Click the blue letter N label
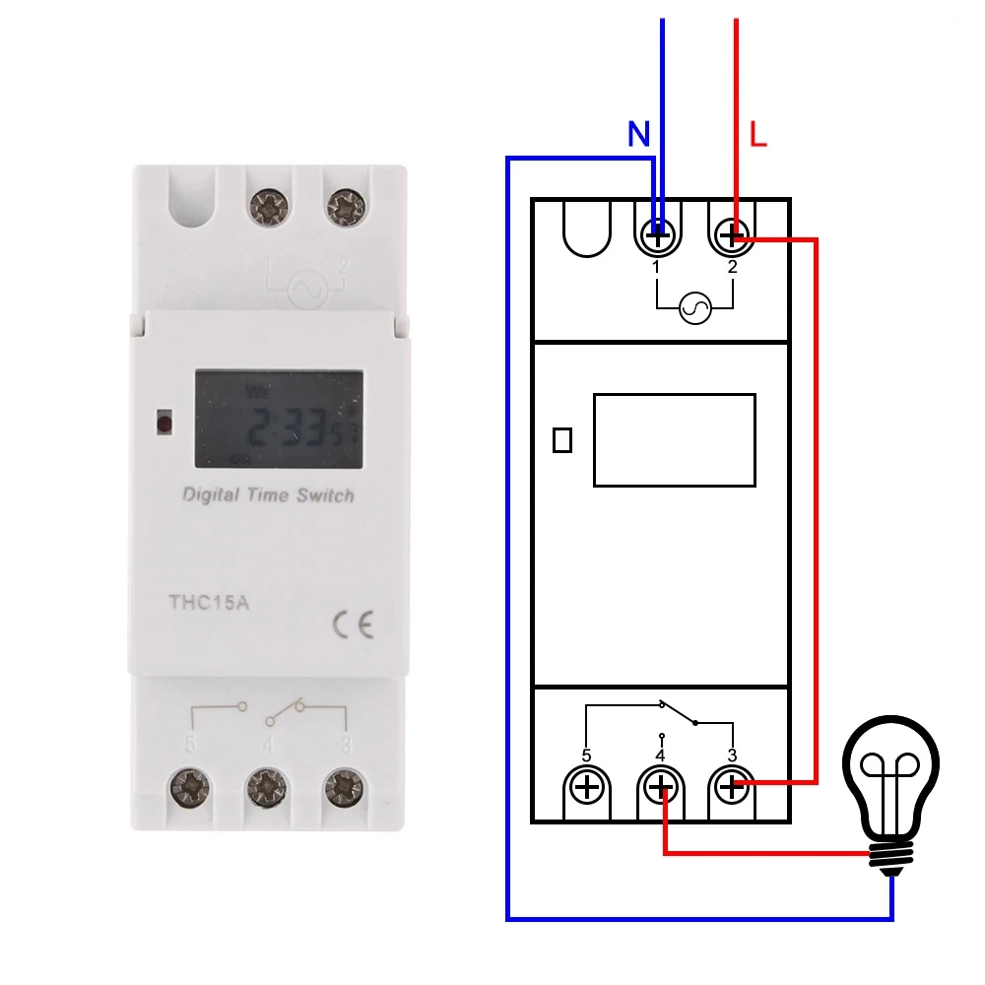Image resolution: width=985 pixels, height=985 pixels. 639,135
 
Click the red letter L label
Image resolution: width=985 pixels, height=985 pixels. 757,135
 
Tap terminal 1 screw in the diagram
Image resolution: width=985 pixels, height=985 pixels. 657,235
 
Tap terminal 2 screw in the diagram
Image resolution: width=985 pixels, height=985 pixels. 731,235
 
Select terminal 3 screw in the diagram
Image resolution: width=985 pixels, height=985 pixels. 731,787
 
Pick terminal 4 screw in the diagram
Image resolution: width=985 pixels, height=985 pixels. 660,787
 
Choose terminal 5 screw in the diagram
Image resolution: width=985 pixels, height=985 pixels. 587,787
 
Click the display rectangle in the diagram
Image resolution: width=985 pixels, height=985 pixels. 674,439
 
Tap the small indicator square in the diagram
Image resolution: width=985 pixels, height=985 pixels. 562,440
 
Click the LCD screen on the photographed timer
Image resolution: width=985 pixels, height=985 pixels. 279,418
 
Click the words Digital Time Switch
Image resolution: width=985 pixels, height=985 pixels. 268,495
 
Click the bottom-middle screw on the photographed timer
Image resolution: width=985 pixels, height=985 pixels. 265,786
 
